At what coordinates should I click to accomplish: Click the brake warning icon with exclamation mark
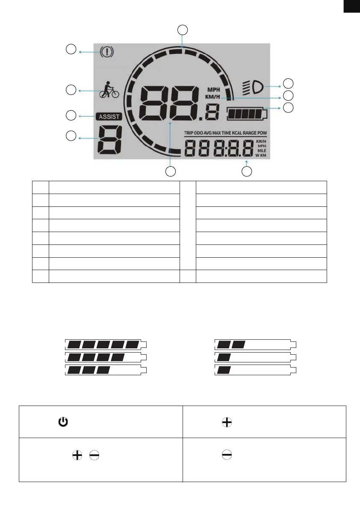point(107,52)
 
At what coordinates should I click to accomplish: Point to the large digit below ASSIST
point(109,140)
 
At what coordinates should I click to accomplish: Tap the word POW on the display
point(262,133)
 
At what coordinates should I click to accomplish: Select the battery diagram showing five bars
point(106,344)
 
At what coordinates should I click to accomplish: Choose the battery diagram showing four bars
point(106,357)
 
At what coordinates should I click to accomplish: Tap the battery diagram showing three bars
point(106,370)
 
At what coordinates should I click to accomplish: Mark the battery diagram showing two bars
point(255,344)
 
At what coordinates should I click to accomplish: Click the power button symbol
point(63,422)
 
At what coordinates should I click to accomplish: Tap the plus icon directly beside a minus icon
point(77,455)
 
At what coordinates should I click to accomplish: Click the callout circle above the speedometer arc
point(183,29)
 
